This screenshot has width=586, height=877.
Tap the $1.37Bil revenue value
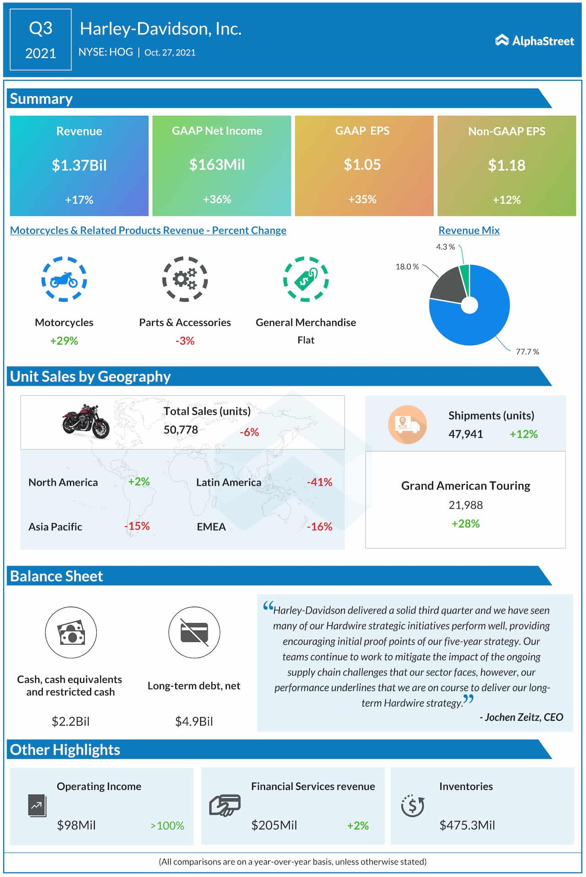click(79, 165)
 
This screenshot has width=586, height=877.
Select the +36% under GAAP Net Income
click(217, 199)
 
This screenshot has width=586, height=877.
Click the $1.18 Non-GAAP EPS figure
click(506, 165)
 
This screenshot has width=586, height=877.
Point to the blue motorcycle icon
click(64, 279)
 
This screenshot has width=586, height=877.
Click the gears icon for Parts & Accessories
click(185, 279)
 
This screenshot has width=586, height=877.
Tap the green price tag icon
click(306, 279)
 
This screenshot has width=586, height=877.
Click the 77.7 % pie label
click(527, 352)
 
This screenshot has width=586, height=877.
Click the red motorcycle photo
click(86, 421)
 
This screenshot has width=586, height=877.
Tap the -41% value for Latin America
click(319, 482)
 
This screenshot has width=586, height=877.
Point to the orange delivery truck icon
click(407, 424)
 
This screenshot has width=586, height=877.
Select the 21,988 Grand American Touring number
click(466, 505)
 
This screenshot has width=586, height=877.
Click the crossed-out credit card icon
click(194, 632)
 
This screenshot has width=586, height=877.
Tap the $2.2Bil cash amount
click(71, 721)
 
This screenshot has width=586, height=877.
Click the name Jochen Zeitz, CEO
click(521, 717)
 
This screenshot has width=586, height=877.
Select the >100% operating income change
click(167, 826)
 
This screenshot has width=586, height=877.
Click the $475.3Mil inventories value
click(467, 825)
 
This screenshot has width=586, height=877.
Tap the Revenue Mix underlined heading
click(469, 230)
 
